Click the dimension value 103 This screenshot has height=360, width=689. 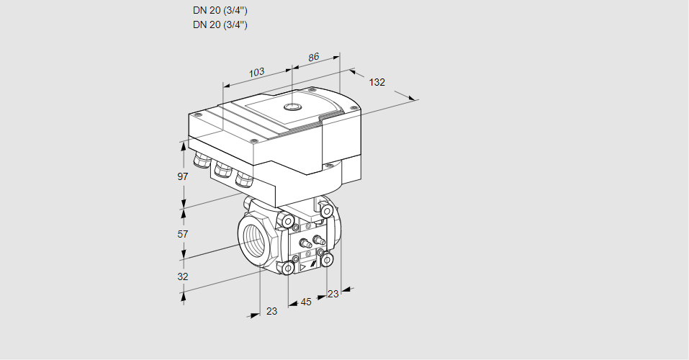click(x=256, y=72)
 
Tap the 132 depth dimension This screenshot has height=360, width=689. click(x=377, y=82)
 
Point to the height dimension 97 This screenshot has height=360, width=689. click(x=183, y=176)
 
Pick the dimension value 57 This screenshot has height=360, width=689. click(x=183, y=234)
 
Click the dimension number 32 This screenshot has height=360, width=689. click(x=183, y=276)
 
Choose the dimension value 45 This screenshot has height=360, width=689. click(x=306, y=302)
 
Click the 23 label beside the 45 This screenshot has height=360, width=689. click(x=333, y=294)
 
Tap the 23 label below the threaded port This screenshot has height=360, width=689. click(x=271, y=311)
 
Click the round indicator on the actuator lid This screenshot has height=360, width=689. click(x=292, y=107)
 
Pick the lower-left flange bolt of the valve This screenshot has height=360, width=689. click(x=288, y=269)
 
